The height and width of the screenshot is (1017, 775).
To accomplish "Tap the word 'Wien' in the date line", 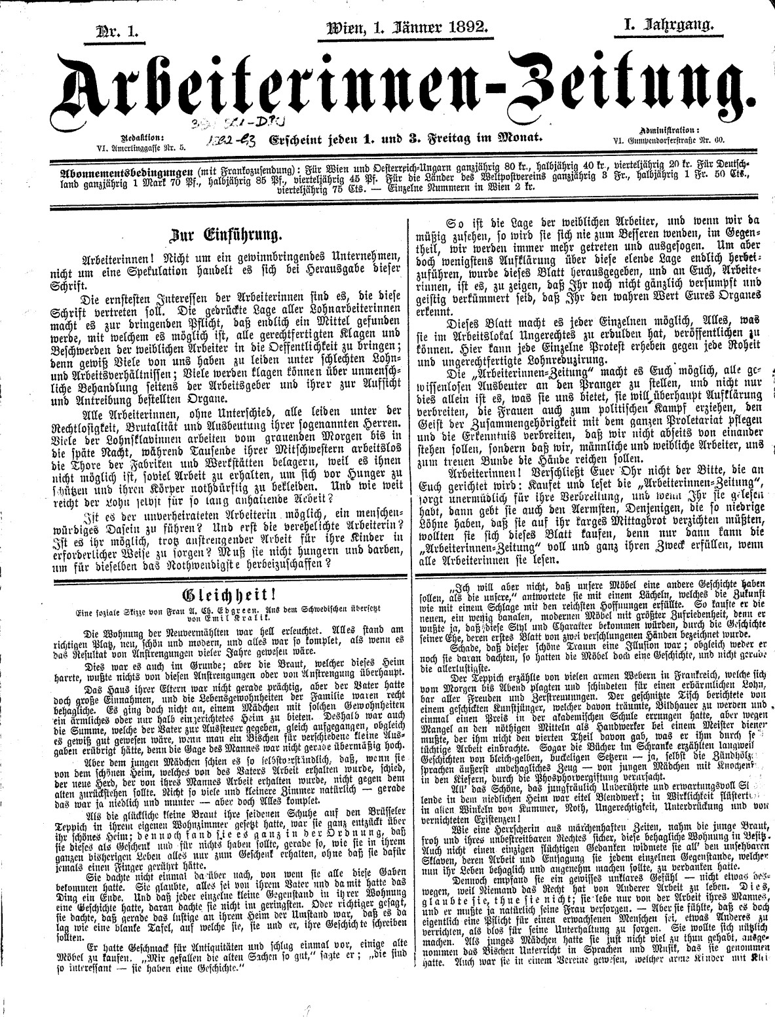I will click(344, 28).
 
